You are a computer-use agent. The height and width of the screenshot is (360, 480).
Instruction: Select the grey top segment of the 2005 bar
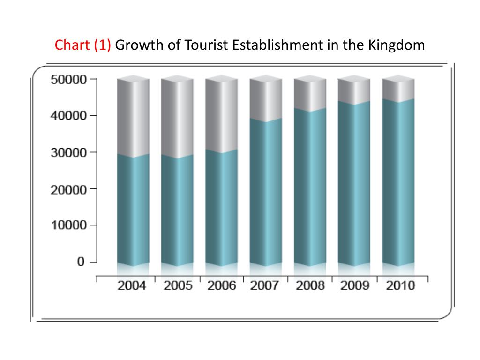177,117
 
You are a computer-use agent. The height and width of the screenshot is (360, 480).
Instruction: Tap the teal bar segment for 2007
265,192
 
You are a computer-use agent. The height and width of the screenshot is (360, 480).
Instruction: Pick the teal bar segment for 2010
398,183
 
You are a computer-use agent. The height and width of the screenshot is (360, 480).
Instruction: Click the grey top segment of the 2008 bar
310,94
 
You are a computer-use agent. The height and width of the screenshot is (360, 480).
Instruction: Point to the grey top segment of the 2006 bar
221,115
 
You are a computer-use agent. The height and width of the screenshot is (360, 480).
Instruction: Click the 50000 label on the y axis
68,79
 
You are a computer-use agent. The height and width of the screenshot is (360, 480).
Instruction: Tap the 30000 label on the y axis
68,153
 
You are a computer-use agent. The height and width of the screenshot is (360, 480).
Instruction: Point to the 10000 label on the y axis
68,225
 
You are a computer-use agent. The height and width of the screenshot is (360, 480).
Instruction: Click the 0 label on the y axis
81,262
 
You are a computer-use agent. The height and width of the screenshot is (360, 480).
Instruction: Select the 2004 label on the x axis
132,286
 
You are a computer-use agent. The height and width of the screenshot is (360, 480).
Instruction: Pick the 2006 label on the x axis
222,286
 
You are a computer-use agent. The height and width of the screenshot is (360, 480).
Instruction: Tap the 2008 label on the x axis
310,286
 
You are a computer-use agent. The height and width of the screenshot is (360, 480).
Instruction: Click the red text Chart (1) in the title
83,45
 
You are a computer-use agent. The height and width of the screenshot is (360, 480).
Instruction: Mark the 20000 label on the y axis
68,189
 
